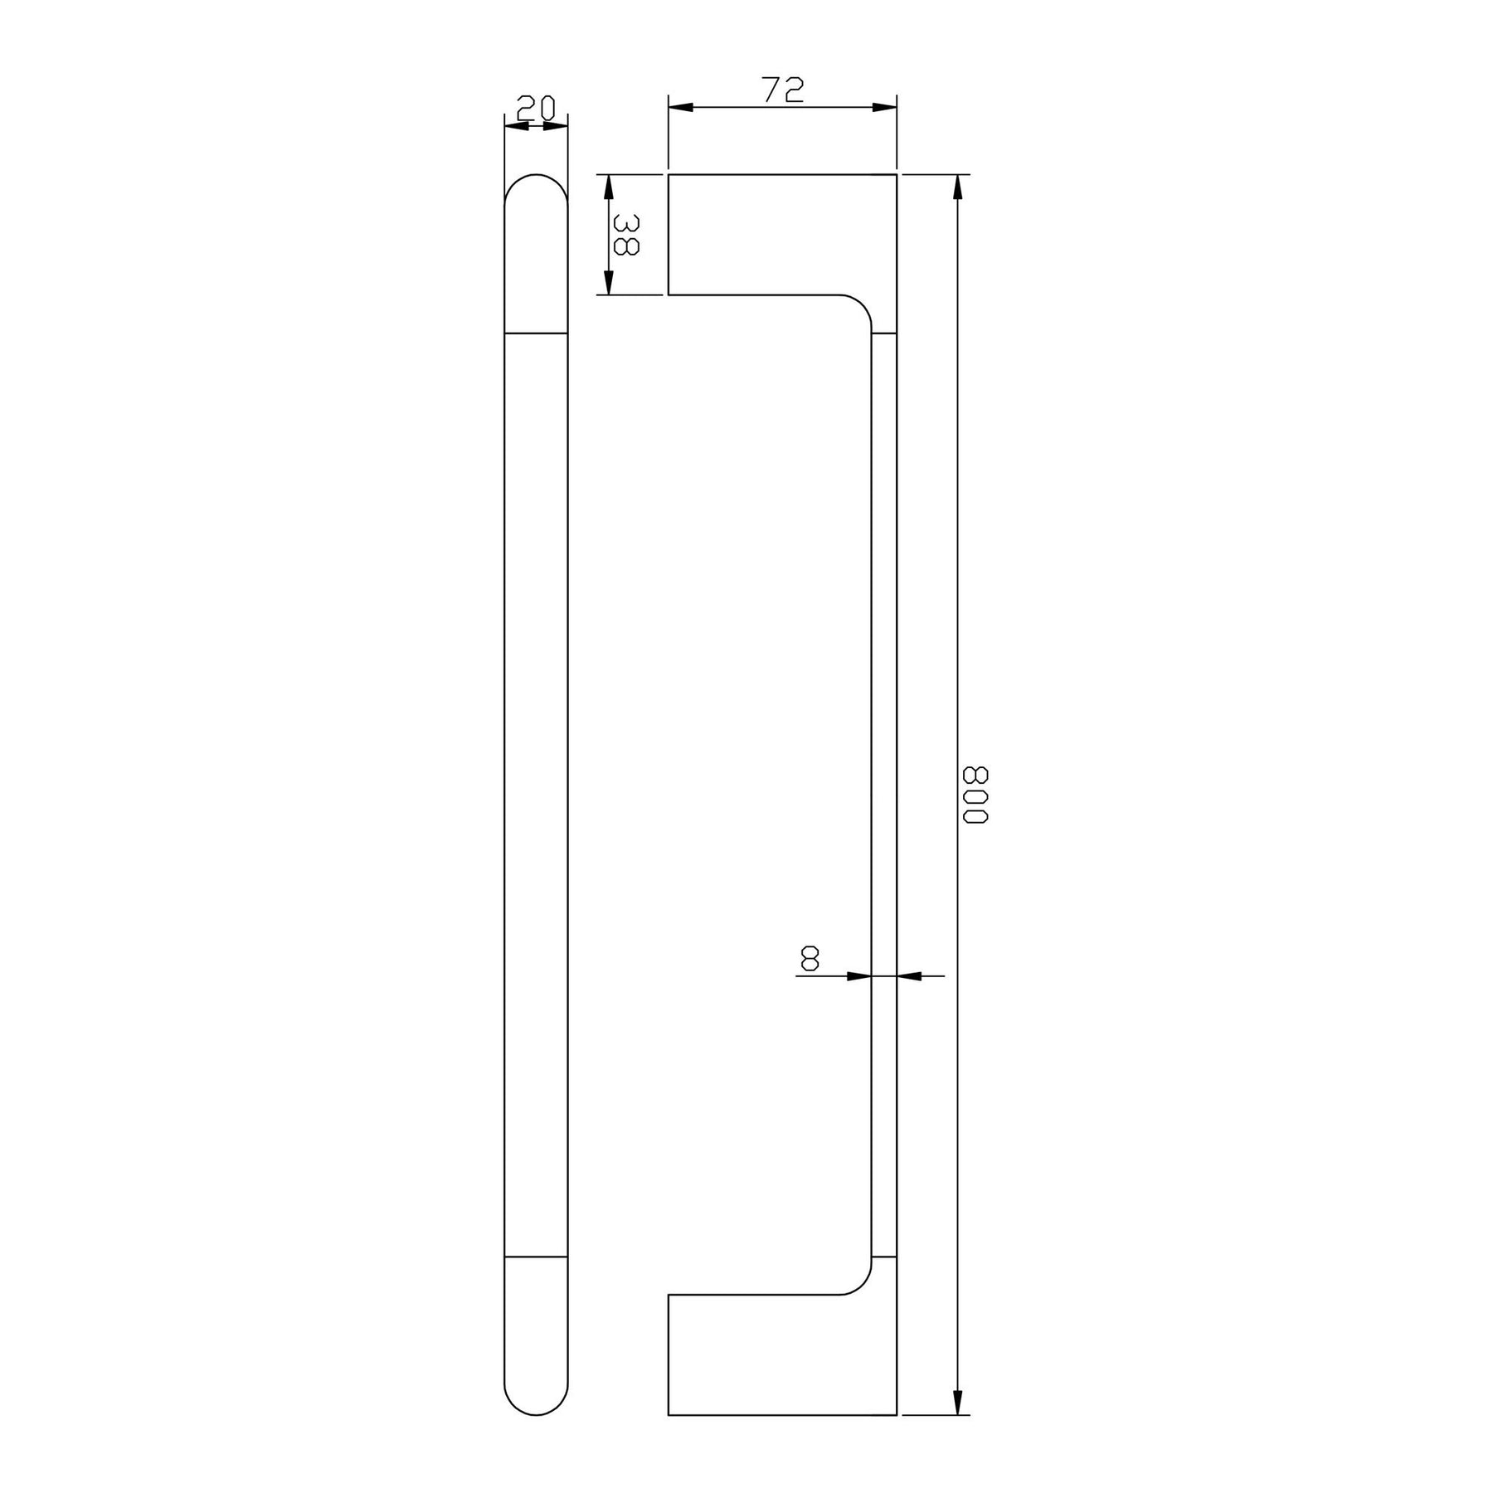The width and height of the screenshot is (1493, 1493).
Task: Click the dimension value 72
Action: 783,90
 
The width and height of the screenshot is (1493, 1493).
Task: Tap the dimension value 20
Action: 536,108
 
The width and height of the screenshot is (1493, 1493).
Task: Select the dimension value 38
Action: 625,235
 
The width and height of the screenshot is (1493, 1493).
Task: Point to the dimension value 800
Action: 975,795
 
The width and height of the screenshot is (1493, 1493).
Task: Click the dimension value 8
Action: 810,959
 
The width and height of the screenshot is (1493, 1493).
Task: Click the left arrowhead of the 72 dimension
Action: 681,107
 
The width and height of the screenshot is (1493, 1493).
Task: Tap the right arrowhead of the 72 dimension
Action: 884,107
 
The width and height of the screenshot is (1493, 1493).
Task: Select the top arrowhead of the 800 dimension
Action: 958,187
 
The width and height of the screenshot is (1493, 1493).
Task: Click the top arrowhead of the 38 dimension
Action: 608,187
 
